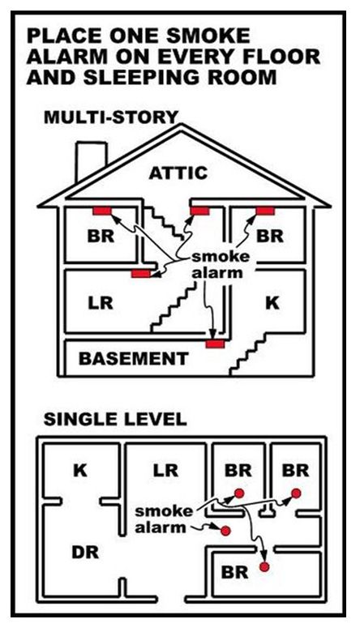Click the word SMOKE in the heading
(208, 36)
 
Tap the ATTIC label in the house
(178, 173)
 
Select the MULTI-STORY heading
(111, 117)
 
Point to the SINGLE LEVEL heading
(115, 420)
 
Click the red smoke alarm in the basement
(216, 344)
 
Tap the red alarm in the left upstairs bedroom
(102, 211)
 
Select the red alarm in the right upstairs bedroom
(265, 211)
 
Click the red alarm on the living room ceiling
(141, 274)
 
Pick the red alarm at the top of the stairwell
(199, 211)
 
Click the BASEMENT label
(134, 358)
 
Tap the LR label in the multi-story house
(101, 302)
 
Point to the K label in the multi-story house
(272, 302)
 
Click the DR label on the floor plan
(85, 553)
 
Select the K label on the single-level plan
(80, 471)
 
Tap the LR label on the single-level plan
(165, 471)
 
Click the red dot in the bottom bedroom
(264, 566)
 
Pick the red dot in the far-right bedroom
(296, 493)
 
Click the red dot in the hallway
(225, 531)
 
